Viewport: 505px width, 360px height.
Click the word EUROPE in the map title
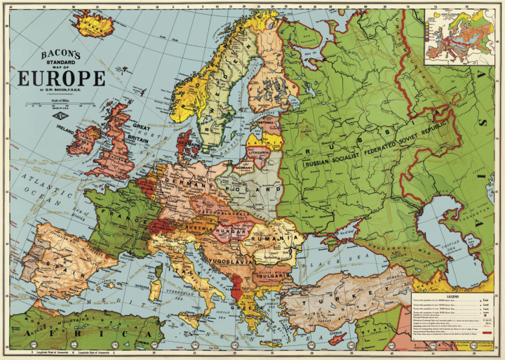pos(62,78)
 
